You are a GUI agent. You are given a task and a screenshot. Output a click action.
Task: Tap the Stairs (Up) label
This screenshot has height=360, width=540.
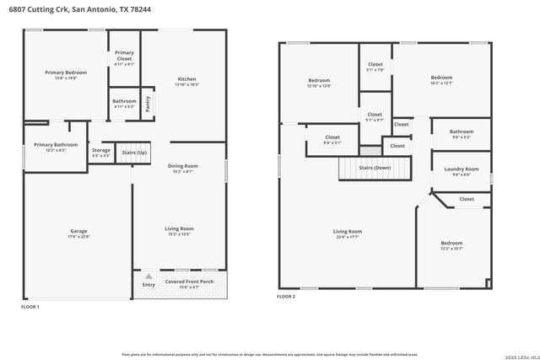(133, 153)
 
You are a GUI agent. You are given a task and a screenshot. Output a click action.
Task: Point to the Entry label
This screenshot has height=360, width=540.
(148, 285)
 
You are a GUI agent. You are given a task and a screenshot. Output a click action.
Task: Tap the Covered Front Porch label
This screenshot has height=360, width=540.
(189, 282)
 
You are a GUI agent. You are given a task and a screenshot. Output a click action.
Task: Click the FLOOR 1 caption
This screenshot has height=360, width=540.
(30, 307)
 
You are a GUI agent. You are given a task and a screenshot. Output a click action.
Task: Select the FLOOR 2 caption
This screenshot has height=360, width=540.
(287, 297)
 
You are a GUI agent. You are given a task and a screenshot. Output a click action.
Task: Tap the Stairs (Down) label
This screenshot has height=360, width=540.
(375, 168)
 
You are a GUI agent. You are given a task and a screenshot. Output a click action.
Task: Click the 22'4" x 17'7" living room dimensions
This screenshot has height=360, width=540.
(347, 238)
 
